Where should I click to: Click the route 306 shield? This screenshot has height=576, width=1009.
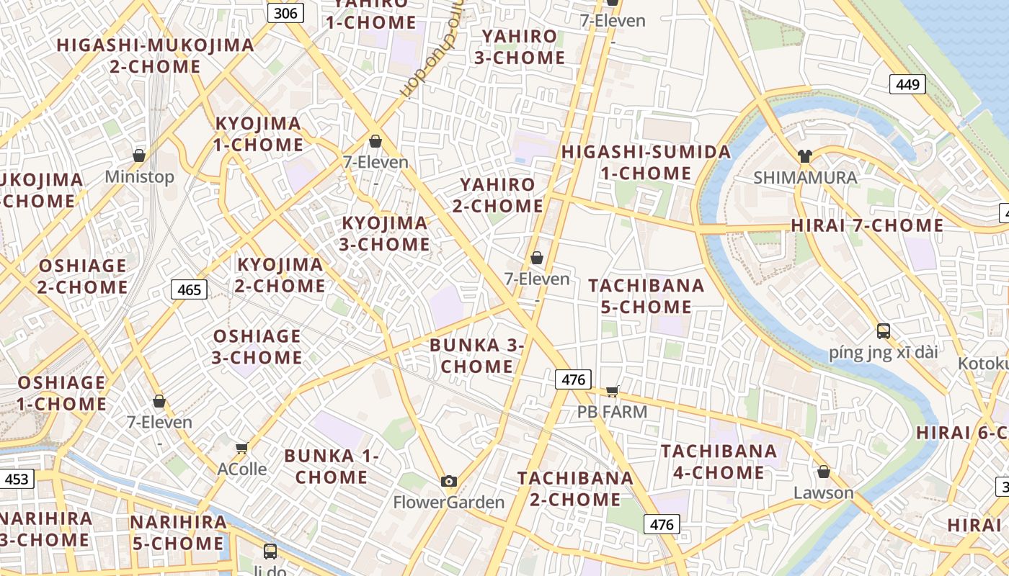click(285, 13)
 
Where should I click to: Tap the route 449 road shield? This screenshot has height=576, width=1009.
click(907, 84)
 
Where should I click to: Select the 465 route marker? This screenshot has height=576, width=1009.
click(190, 289)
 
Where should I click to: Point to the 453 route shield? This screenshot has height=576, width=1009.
click(17, 479)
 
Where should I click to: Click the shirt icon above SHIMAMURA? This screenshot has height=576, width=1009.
click(805, 156)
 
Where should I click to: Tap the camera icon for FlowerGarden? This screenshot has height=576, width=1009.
click(449, 481)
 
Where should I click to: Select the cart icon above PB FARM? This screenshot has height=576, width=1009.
click(612, 391)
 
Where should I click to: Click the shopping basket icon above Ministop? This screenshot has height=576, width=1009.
click(139, 156)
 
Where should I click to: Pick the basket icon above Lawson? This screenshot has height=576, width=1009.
click(824, 472)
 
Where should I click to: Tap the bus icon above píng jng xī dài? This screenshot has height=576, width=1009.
click(884, 331)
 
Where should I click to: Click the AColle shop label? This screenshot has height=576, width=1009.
click(242, 469)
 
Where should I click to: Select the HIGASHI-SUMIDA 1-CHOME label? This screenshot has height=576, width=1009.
click(646, 163)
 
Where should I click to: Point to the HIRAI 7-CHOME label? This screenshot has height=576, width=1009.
click(867, 225)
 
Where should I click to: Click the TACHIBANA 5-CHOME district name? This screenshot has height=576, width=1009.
click(646, 296)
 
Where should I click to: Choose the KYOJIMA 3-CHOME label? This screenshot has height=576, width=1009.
click(385, 233)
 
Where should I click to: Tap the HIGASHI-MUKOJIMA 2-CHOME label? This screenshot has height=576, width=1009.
click(156, 55)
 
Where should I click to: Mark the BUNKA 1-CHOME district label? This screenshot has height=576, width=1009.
click(332, 466)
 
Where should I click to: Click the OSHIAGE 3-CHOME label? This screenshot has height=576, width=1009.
click(257, 346)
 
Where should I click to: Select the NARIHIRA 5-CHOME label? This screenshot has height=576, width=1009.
click(178, 532)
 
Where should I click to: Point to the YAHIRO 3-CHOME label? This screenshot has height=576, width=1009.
click(519, 47)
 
